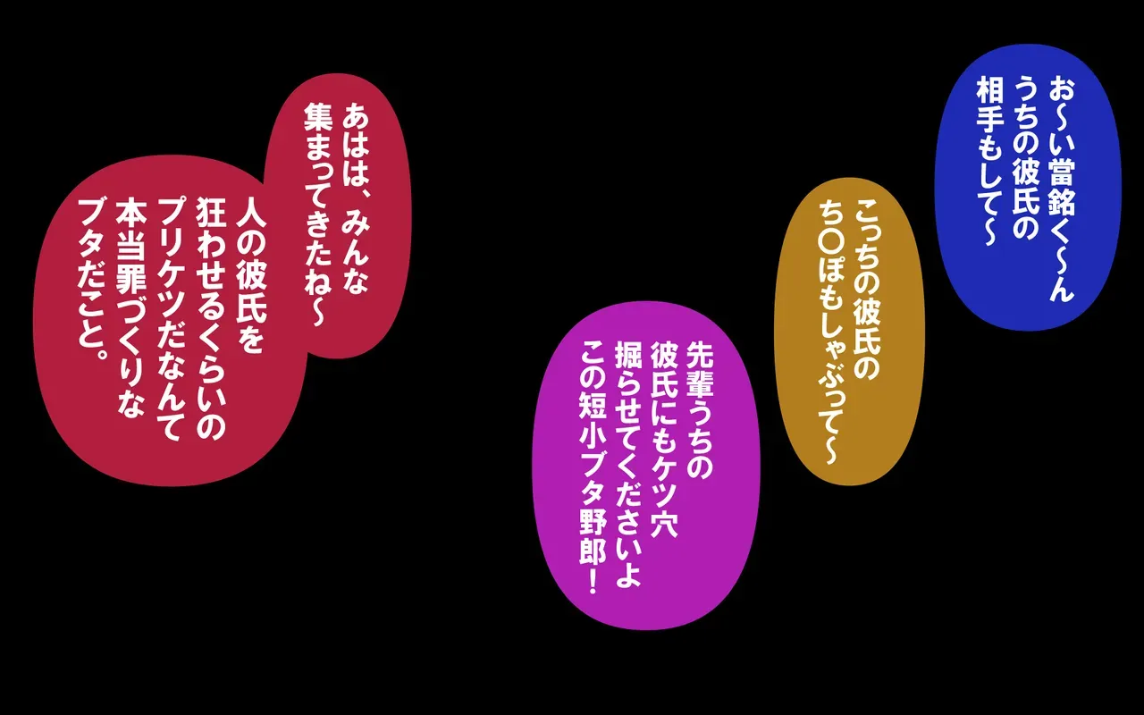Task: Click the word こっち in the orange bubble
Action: [867, 238]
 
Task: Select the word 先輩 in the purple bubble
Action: [699, 368]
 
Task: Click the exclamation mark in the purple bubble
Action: [593, 581]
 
